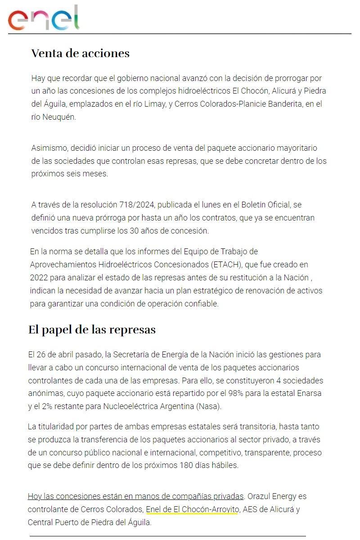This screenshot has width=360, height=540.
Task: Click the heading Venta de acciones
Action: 80,54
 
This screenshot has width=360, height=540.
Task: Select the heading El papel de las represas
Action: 92,330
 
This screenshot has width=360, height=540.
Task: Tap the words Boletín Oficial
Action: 262,205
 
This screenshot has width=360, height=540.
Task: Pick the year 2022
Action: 39,277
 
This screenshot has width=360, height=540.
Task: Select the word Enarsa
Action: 309,393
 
